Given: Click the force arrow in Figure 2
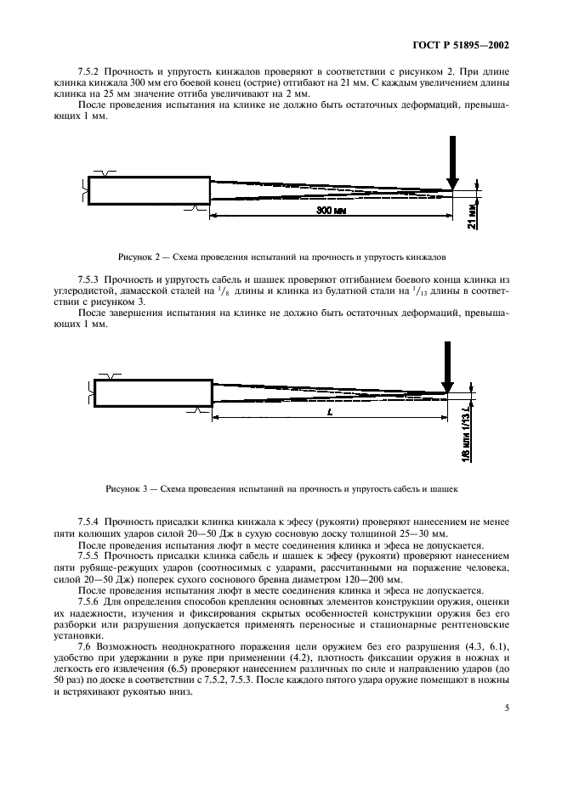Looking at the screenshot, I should click(x=452, y=171).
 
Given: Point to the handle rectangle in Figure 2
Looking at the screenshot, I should click(x=149, y=190).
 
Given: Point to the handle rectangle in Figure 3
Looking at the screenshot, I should click(x=153, y=393).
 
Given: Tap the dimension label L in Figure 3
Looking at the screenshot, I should click(x=327, y=411).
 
